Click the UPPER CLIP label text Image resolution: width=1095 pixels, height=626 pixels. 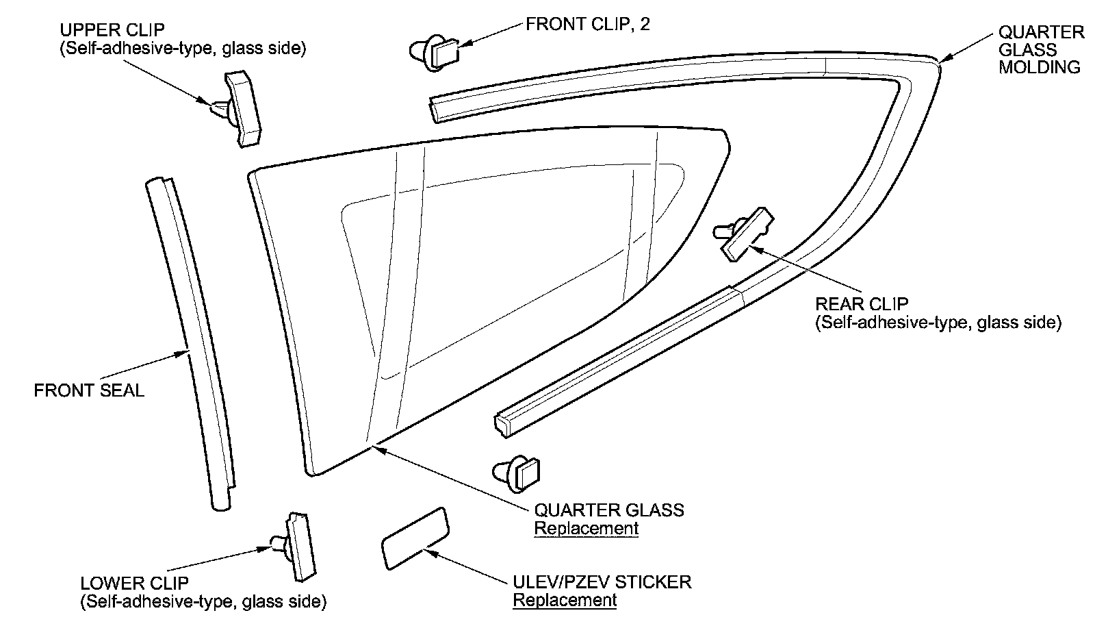pyautogui.click(x=112, y=32)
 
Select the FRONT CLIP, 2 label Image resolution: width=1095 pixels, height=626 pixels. pyautogui.click(x=587, y=25)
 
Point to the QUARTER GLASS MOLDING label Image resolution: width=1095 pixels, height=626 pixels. pyautogui.click(x=1040, y=49)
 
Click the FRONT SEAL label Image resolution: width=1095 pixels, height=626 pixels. pyautogui.click(x=89, y=390)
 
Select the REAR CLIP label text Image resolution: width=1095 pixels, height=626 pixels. pyautogui.click(x=862, y=305)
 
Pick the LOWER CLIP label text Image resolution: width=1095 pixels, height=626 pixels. pyautogui.click(x=134, y=584)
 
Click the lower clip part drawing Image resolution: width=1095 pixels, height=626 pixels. pyautogui.click(x=298, y=544)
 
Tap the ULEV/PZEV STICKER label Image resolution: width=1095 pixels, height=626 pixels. pyautogui.click(x=602, y=582)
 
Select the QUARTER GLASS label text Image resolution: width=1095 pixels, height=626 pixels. pyautogui.click(x=609, y=510)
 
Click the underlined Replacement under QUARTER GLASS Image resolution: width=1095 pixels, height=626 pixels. pyautogui.click(x=586, y=529)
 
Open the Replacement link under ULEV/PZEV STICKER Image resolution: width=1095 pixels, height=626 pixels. pyautogui.click(x=565, y=601)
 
